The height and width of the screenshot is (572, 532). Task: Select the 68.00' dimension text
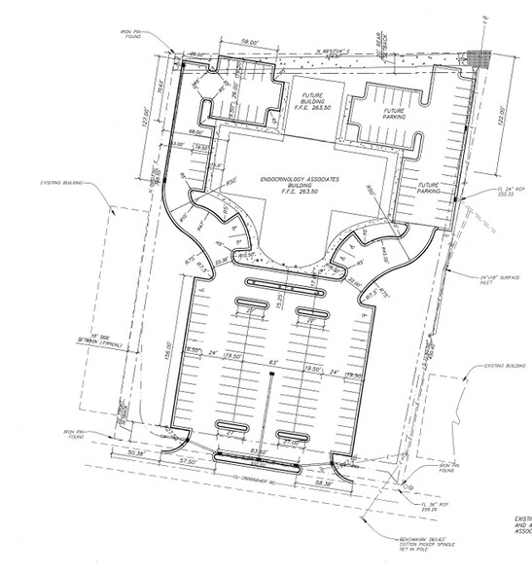pyautogui.click(x=195, y=132)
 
